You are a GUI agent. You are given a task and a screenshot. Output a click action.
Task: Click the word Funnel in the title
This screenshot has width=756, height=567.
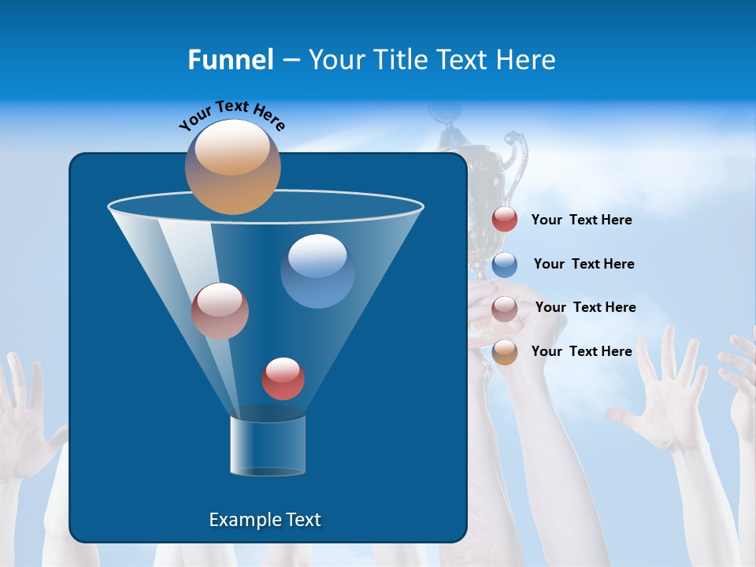(231, 60)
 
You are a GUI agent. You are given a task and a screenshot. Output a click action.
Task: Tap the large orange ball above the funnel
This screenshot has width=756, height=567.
(233, 167)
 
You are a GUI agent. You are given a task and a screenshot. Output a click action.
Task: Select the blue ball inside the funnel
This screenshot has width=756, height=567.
(317, 271)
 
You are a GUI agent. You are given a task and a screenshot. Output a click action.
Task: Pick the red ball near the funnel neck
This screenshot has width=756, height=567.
(283, 379)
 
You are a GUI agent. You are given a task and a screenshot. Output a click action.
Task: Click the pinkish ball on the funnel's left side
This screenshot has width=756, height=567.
(220, 311)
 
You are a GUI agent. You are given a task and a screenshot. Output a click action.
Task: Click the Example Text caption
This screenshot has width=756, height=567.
(265, 520)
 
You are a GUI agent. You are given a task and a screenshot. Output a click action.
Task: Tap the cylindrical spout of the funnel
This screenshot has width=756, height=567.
(268, 446)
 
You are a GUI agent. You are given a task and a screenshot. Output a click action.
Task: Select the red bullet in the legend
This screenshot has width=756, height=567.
(505, 220)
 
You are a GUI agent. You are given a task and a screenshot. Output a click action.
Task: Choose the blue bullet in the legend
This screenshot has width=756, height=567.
(505, 265)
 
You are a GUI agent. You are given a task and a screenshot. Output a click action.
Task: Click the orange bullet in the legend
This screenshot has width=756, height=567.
(505, 352)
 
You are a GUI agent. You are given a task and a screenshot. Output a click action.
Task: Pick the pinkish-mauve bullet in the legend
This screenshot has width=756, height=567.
(505, 309)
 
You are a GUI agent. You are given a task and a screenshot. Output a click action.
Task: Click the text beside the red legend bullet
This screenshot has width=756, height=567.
(581, 220)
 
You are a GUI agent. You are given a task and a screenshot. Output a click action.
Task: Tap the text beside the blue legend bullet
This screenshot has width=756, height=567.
(584, 265)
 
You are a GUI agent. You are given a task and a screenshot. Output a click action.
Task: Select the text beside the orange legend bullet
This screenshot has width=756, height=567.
(581, 351)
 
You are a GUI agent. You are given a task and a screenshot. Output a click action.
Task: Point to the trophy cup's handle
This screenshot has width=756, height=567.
(516, 154)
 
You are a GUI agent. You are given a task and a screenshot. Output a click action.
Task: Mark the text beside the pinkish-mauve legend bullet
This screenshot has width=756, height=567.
(585, 308)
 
